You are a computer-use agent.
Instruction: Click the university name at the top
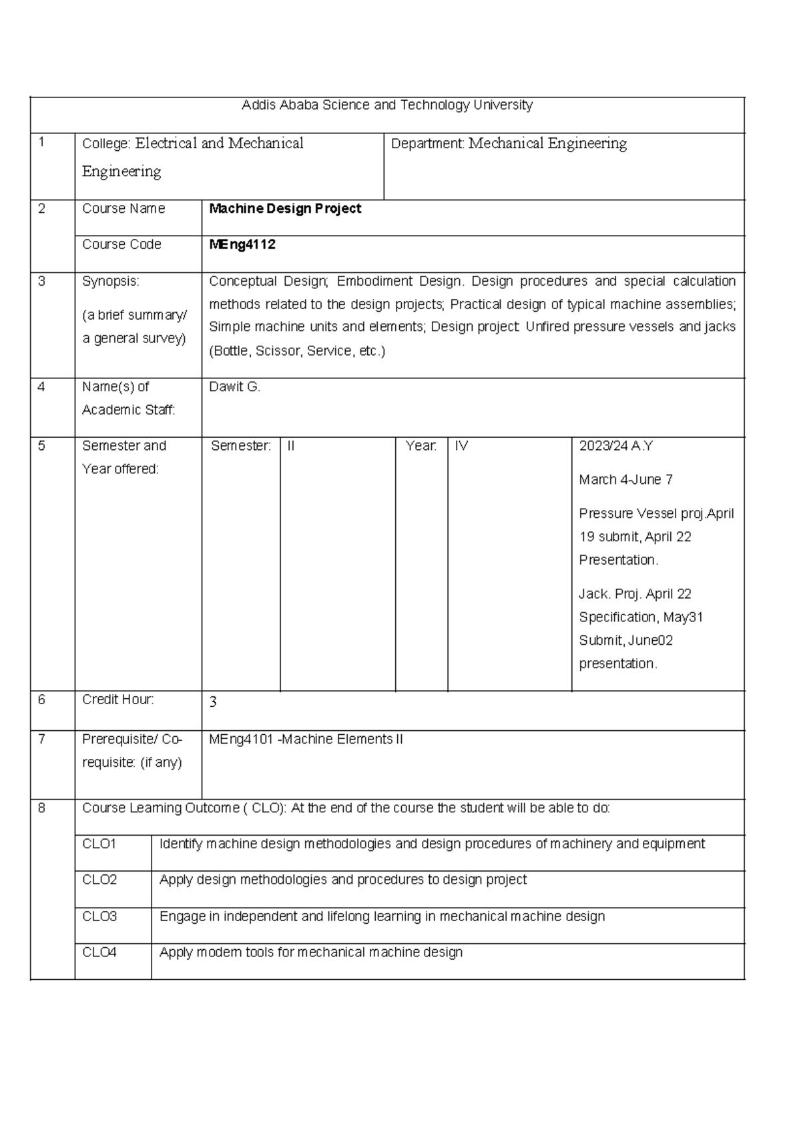(x=387, y=105)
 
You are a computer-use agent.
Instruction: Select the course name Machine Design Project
(x=285, y=209)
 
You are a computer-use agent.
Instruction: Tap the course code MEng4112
(x=242, y=245)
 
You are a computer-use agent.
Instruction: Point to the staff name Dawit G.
(x=234, y=387)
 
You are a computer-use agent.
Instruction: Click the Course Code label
(x=121, y=245)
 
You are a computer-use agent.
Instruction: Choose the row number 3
(x=41, y=282)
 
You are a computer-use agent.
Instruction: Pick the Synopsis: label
(x=111, y=282)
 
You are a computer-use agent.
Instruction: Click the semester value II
(x=291, y=446)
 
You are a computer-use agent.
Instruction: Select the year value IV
(x=461, y=446)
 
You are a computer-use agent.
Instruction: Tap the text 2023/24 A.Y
(x=615, y=446)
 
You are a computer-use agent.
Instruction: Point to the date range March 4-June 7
(x=625, y=480)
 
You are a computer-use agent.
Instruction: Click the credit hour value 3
(x=213, y=702)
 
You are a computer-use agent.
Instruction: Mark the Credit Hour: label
(x=118, y=699)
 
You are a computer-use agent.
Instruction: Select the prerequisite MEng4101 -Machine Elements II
(x=306, y=740)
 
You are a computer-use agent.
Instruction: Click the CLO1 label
(x=99, y=844)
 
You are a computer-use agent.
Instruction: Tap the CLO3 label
(x=99, y=917)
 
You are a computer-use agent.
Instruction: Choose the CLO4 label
(x=99, y=953)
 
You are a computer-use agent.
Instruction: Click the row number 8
(x=41, y=808)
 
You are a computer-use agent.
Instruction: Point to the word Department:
(x=427, y=144)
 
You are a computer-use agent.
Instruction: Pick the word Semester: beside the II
(x=241, y=446)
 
